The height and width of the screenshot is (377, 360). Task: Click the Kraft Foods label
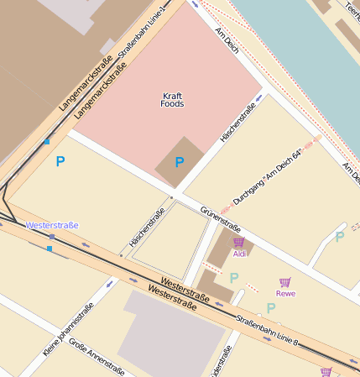(x=172, y=99)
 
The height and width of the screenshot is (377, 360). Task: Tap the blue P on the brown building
(x=179, y=162)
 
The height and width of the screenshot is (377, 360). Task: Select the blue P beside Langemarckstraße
(x=60, y=161)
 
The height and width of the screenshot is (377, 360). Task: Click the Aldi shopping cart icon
(x=238, y=242)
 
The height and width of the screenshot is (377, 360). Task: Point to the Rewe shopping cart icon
(x=285, y=282)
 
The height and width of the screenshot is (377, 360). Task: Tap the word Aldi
(x=239, y=253)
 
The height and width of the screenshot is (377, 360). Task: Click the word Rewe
(x=285, y=293)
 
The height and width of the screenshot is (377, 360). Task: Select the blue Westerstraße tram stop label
(x=52, y=225)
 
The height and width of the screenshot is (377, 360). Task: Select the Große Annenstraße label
(x=97, y=357)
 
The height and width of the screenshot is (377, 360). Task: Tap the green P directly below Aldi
(x=234, y=278)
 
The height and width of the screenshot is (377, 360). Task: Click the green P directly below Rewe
(x=271, y=308)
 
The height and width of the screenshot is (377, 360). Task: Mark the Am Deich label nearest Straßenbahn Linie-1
(x=227, y=39)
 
